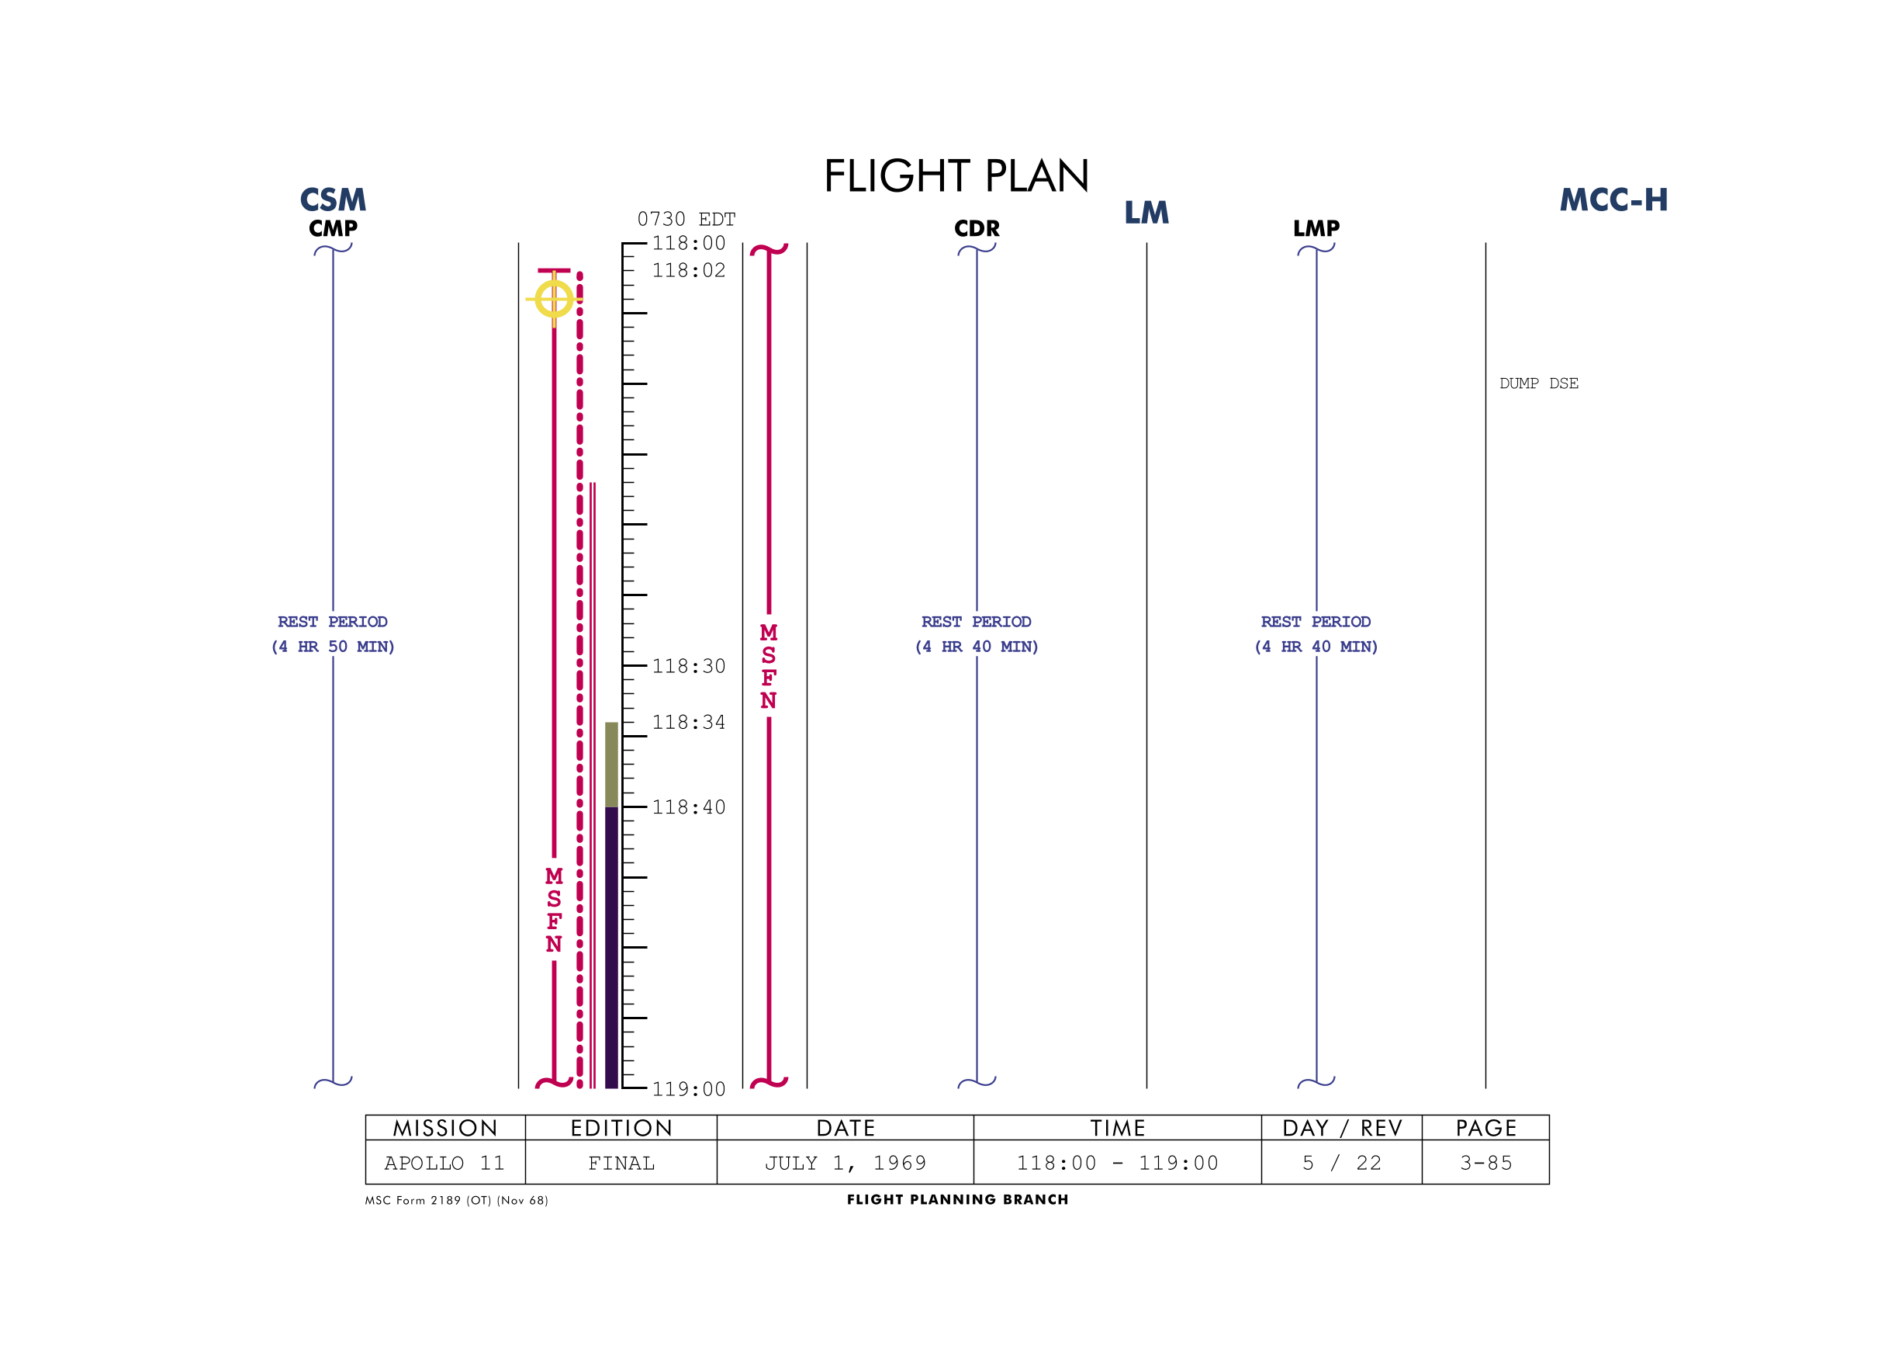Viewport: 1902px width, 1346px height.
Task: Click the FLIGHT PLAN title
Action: (x=956, y=175)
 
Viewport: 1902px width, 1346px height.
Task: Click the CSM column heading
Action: (x=333, y=199)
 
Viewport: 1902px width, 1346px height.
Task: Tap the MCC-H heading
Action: (x=1613, y=199)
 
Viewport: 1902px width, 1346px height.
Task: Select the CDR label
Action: (x=977, y=228)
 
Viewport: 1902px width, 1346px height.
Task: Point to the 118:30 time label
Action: (x=688, y=666)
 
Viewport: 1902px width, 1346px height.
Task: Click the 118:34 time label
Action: (x=688, y=723)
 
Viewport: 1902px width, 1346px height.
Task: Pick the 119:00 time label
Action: (x=688, y=1089)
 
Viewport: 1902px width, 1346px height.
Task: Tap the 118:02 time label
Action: (x=688, y=270)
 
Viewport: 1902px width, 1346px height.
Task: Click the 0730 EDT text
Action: (x=686, y=219)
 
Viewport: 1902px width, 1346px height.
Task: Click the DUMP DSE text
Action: (x=1538, y=383)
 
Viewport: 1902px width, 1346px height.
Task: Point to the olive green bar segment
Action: (x=611, y=764)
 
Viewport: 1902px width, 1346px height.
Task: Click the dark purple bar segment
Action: (x=611, y=947)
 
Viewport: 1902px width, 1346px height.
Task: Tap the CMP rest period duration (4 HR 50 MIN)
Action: (x=333, y=647)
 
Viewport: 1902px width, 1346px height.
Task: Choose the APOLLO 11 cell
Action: (x=444, y=1163)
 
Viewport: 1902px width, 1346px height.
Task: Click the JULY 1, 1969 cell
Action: (x=845, y=1163)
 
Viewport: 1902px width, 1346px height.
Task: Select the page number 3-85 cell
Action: (x=1485, y=1163)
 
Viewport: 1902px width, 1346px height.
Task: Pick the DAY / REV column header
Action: (x=1341, y=1128)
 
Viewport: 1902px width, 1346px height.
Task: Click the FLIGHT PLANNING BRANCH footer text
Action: (x=958, y=1199)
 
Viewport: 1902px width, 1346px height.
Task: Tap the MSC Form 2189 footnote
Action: (x=456, y=1200)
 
